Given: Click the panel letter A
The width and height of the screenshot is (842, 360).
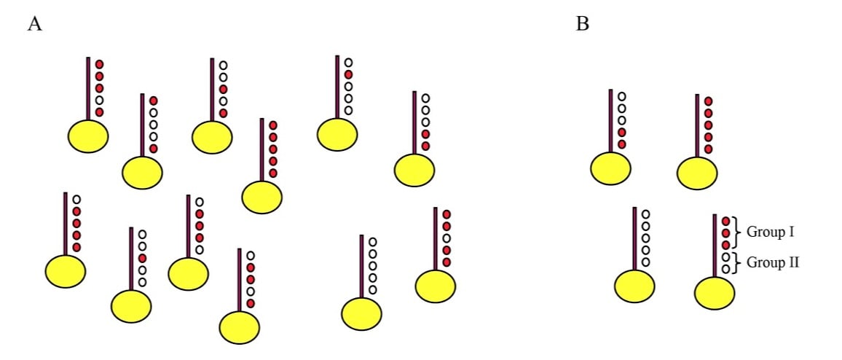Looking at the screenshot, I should tap(34, 24).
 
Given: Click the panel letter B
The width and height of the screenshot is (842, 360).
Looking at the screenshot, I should tap(583, 24).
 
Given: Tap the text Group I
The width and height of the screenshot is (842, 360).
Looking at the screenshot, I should tap(770, 232).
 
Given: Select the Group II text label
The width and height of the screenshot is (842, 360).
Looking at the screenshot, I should tap(772, 262).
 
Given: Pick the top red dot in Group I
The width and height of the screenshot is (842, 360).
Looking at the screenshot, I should tap(725, 221).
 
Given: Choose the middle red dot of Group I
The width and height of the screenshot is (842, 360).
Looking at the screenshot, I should tap(725, 232).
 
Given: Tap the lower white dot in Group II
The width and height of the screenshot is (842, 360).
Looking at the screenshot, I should tap(725, 269).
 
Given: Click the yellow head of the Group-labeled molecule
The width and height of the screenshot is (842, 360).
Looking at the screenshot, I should tap(715, 293).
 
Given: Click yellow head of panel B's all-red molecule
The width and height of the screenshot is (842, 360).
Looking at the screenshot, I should tap(697, 173).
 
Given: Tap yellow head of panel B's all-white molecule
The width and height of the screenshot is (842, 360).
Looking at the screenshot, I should tap(634, 285).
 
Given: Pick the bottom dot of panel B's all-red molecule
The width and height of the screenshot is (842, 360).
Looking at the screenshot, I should tap(708, 149).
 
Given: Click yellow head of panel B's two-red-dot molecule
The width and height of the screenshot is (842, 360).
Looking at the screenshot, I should tap(610, 168).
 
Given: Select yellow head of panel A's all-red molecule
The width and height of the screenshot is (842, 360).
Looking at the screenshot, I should tap(261, 197).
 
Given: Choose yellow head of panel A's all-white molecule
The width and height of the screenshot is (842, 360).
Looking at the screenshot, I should tap(362, 313).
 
